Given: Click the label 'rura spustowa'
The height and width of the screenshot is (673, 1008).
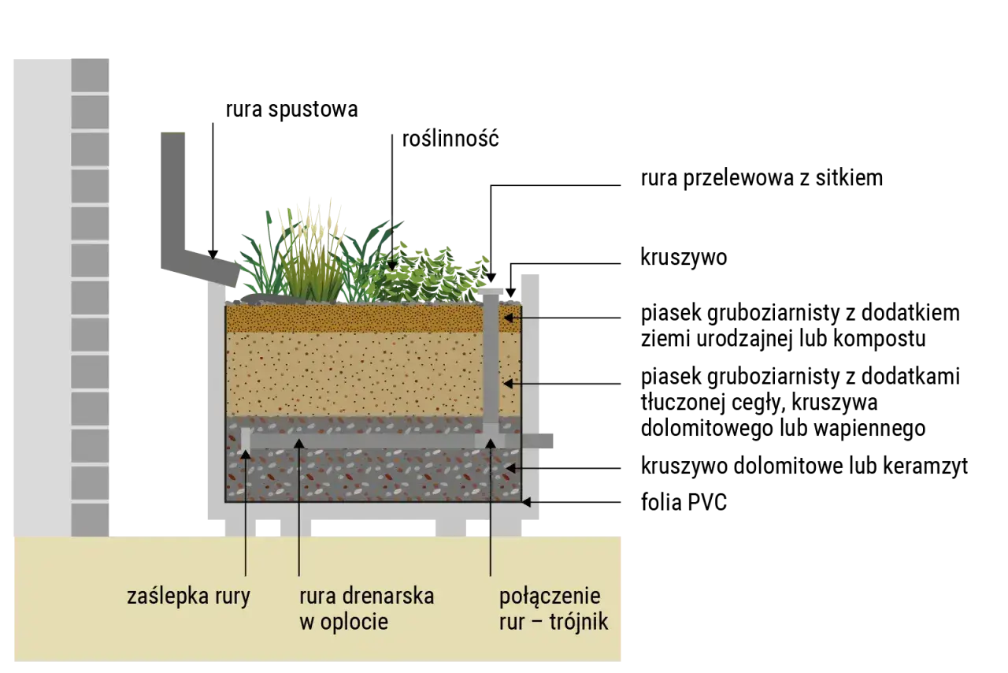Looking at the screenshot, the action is [291, 110].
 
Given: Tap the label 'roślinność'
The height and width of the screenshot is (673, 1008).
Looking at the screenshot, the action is [450, 139].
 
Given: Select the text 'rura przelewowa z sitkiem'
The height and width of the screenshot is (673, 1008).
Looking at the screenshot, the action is [762, 178].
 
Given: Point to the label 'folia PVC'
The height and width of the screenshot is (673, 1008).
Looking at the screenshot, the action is [684, 502].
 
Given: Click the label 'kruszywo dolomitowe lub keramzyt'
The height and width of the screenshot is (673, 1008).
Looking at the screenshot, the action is [804, 466].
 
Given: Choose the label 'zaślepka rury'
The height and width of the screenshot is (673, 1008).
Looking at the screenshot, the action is [188, 597].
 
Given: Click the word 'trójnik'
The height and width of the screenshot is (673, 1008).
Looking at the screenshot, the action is [579, 622].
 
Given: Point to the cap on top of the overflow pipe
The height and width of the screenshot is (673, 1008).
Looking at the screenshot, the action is [490, 292].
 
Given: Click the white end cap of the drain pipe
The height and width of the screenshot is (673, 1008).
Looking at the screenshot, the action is [245, 439].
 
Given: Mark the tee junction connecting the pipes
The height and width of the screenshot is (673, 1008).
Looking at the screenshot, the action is [490, 436].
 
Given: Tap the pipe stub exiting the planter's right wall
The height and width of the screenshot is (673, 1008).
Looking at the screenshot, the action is [537, 441].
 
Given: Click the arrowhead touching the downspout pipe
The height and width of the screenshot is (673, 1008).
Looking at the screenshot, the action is [213, 255].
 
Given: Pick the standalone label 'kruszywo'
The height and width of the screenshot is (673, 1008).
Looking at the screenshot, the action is [684, 257].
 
